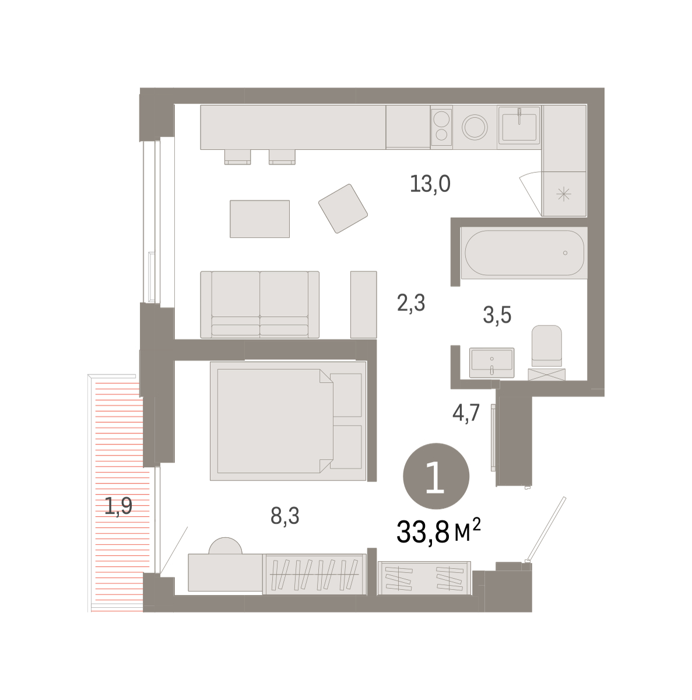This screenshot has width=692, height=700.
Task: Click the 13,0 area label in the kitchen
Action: (x=430, y=184)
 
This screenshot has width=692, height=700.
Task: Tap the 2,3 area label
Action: (x=410, y=303)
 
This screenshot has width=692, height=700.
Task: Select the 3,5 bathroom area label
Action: (x=497, y=314)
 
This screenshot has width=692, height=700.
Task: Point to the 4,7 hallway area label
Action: (x=466, y=413)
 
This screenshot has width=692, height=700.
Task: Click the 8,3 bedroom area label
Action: (x=284, y=516)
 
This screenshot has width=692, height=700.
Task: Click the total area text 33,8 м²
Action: (x=438, y=531)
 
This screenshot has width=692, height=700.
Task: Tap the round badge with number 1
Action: (x=435, y=476)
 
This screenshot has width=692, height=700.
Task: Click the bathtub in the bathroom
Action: (x=524, y=253)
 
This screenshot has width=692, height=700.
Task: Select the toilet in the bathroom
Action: (x=546, y=346)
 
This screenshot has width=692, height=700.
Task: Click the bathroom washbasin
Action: (x=491, y=362)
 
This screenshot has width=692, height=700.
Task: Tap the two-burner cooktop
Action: (x=441, y=127)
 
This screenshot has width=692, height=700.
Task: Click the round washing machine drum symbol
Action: (x=475, y=127)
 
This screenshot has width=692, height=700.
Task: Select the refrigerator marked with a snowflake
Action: (x=564, y=194)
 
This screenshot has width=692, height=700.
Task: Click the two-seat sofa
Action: (x=259, y=304)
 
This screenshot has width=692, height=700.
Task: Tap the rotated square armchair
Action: (x=343, y=208)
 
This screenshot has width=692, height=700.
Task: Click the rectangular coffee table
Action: (x=259, y=219)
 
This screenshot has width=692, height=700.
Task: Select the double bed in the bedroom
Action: (x=288, y=421)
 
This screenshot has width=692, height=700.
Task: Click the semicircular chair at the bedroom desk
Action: (x=225, y=545)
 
